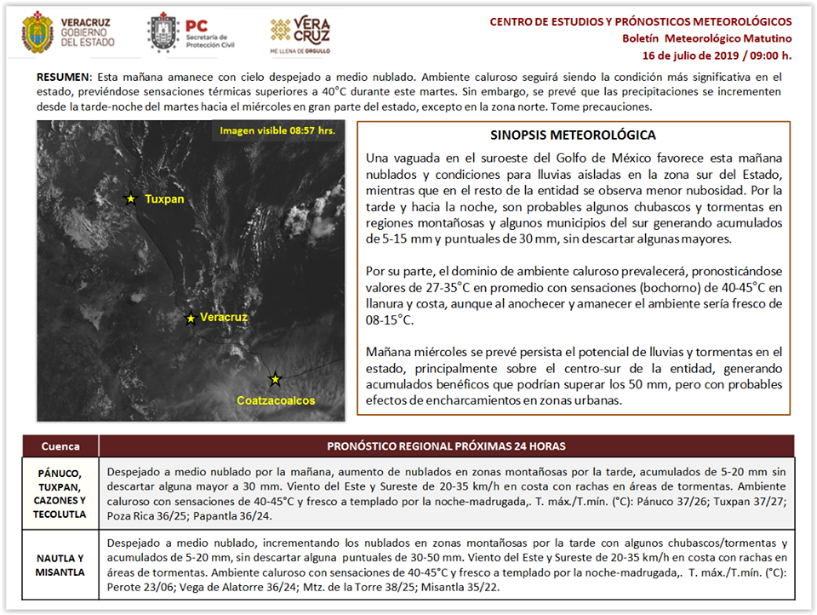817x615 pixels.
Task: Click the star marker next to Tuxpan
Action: click(130, 198)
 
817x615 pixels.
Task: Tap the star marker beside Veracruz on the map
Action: click(191, 318)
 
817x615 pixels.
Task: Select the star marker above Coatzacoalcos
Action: click(275, 379)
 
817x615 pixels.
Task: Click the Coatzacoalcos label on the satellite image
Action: click(276, 400)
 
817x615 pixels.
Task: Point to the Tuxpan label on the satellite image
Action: click(164, 199)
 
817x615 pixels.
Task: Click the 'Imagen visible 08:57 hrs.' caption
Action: click(276, 130)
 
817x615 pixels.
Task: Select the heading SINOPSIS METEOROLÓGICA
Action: click(573, 135)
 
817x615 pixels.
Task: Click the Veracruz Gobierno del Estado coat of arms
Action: click(37, 32)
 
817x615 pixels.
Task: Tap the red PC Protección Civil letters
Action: click(197, 25)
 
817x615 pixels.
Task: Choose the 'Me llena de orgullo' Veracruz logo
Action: click(300, 34)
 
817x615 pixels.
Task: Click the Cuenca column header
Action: click(60, 446)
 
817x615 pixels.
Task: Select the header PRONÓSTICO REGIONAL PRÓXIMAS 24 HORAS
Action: click(446, 446)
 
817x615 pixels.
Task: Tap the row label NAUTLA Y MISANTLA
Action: click(60, 566)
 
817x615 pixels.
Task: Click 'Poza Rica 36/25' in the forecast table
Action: click(137, 516)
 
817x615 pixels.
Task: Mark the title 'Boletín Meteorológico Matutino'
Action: click(706, 38)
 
